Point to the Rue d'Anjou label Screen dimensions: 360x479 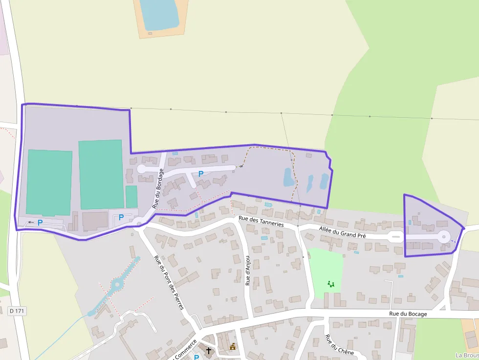tap(248, 271)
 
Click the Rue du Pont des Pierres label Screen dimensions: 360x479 tap(169, 282)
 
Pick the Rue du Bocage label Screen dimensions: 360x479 tap(408, 314)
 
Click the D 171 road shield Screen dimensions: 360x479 tap(17, 311)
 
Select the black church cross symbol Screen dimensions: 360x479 tap(209, 350)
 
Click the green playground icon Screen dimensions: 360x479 tap(331, 284)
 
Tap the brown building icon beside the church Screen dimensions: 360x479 tap(233, 347)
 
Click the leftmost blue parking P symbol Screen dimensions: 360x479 tap(40, 222)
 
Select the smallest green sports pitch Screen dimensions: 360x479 tap(131, 196)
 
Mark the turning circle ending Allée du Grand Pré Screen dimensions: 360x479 tap(443, 237)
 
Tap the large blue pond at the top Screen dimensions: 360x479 tap(158, 14)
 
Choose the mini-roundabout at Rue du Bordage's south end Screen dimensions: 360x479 tap(139, 224)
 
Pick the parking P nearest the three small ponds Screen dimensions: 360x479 tap(200, 173)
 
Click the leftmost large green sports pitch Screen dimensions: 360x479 tap(49, 182)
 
